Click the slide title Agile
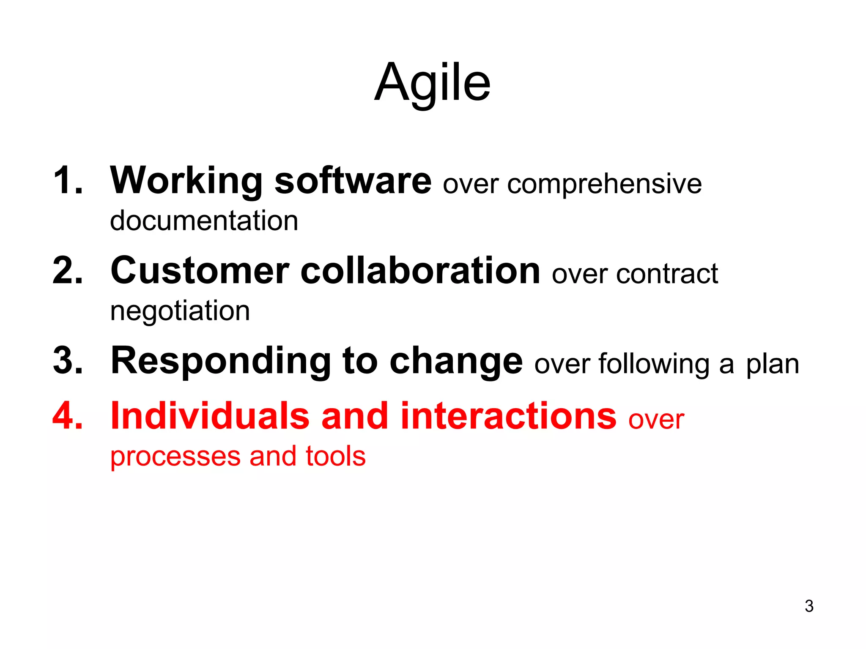click(x=432, y=83)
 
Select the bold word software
click(x=353, y=181)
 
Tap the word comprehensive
click(x=604, y=185)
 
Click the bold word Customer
click(x=200, y=270)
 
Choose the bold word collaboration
click(x=420, y=270)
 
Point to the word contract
click(x=667, y=274)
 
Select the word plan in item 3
click(x=772, y=365)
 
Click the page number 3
click(x=809, y=606)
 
